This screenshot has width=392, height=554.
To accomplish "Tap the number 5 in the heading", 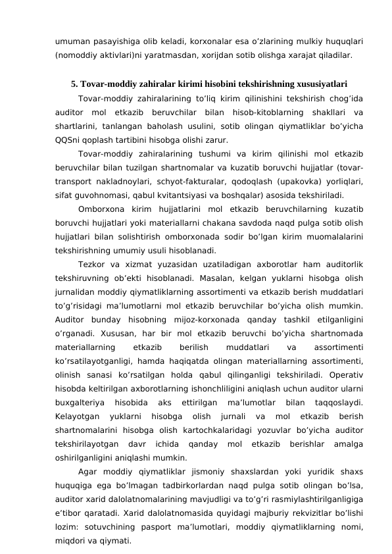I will pos(74,84).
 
